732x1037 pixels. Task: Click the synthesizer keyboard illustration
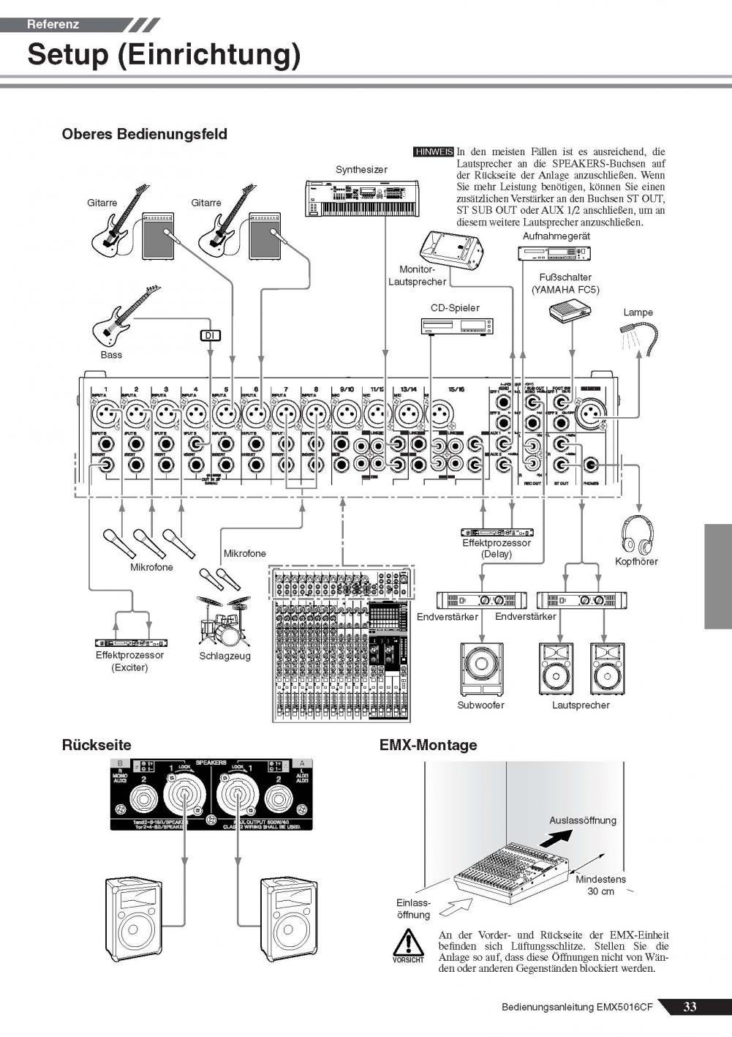[x=361, y=198]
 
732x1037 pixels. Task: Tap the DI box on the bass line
[x=211, y=336]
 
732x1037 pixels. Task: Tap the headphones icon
[x=637, y=534]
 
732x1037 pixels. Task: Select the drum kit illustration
[x=223, y=619]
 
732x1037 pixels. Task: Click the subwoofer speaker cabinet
[x=481, y=668]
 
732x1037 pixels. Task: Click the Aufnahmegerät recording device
[x=554, y=253]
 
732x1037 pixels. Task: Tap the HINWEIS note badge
[x=433, y=152]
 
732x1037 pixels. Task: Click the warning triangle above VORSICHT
[x=407, y=941]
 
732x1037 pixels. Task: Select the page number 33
[x=690, y=1007]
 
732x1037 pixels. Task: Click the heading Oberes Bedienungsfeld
[x=144, y=134]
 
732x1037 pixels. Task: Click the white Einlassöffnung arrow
[x=458, y=907]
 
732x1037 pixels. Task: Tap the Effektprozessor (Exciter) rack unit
[x=130, y=643]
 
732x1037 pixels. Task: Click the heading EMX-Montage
[x=428, y=745]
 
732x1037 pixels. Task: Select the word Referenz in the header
[x=53, y=24]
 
